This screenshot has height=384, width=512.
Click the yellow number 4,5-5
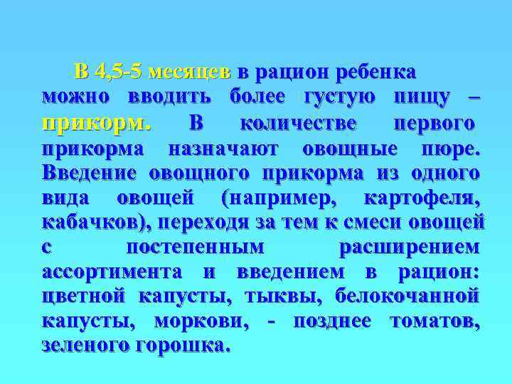119,72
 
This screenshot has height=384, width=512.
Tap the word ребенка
375,72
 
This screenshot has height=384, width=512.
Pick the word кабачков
96,222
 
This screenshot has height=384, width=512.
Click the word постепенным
194,247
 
